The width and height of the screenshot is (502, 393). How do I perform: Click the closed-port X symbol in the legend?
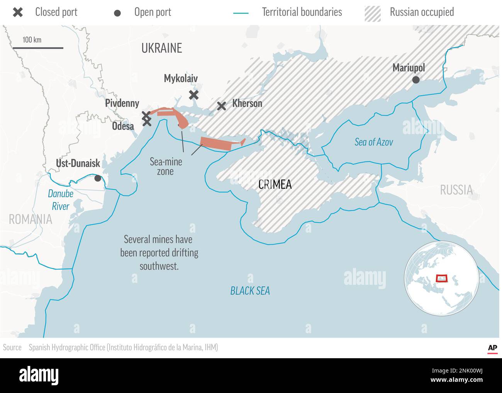click(18, 12)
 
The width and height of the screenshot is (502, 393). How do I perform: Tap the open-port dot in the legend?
click(117, 13)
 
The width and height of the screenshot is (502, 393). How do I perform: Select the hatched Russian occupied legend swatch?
click(372, 13)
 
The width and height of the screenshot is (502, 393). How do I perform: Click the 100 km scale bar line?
click(38, 48)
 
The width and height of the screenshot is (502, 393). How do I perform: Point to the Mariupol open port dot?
click(416, 80)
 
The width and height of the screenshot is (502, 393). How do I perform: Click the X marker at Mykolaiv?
click(194, 95)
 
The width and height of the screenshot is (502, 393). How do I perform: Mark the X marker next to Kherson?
click(221, 106)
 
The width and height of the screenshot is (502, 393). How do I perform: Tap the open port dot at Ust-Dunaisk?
click(98, 178)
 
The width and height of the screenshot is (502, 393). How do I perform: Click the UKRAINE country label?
click(161, 48)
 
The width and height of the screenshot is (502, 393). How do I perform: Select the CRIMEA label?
click(275, 184)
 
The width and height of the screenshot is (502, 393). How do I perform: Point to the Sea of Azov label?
click(373, 142)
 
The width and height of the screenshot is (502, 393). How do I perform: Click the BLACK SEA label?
click(250, 291)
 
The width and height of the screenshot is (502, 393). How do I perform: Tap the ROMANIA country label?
click(31, 219)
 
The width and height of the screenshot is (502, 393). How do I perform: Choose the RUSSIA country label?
click(456, 190)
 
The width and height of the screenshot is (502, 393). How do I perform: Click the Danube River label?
click(61, 200)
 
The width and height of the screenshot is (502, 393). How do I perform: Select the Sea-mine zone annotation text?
click(166, 167)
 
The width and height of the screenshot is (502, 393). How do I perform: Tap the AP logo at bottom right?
click(492, 348)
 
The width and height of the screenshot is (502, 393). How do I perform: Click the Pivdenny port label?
click(122, 103)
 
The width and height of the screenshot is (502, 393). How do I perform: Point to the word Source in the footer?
click(12, 347)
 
